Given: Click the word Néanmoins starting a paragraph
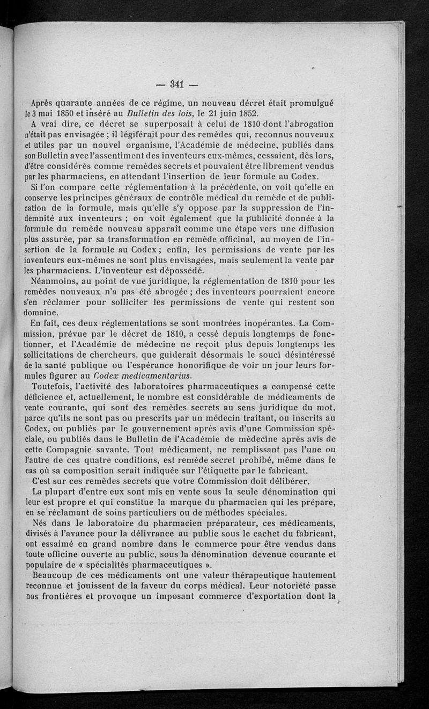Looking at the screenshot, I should [55, 280].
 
